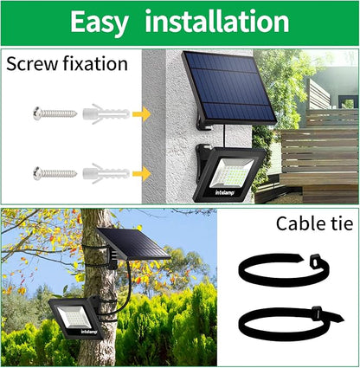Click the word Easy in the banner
tap(100, 23)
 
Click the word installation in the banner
tap(217, 21)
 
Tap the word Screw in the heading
tap(32, 64)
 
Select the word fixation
tap(95, 63)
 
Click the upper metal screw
tap(55, 113)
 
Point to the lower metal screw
tap(55, 173)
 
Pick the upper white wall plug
tap(106, 113)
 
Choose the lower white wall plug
tap(106, 173)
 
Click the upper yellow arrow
tap(142, 114)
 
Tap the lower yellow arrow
tap(142, 174)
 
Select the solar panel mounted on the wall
tap(229, 88)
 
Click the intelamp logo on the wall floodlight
tap(225, 192)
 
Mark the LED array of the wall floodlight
tap(232, 173)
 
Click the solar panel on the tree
tap(133, 244)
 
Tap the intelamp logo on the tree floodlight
tap(89, 332)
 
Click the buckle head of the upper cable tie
tap(316, 261)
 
